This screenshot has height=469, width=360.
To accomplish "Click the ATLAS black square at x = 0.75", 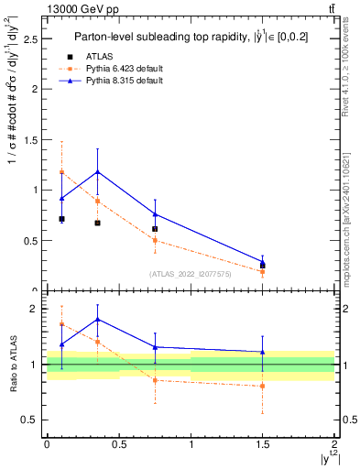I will tap(155, 229).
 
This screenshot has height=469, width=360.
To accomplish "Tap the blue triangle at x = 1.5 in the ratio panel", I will tap(263, 352).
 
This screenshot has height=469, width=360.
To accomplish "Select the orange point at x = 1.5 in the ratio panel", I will tap(263, 386).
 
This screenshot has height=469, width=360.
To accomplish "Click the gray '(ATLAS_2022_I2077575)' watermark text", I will tap(191, 273).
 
